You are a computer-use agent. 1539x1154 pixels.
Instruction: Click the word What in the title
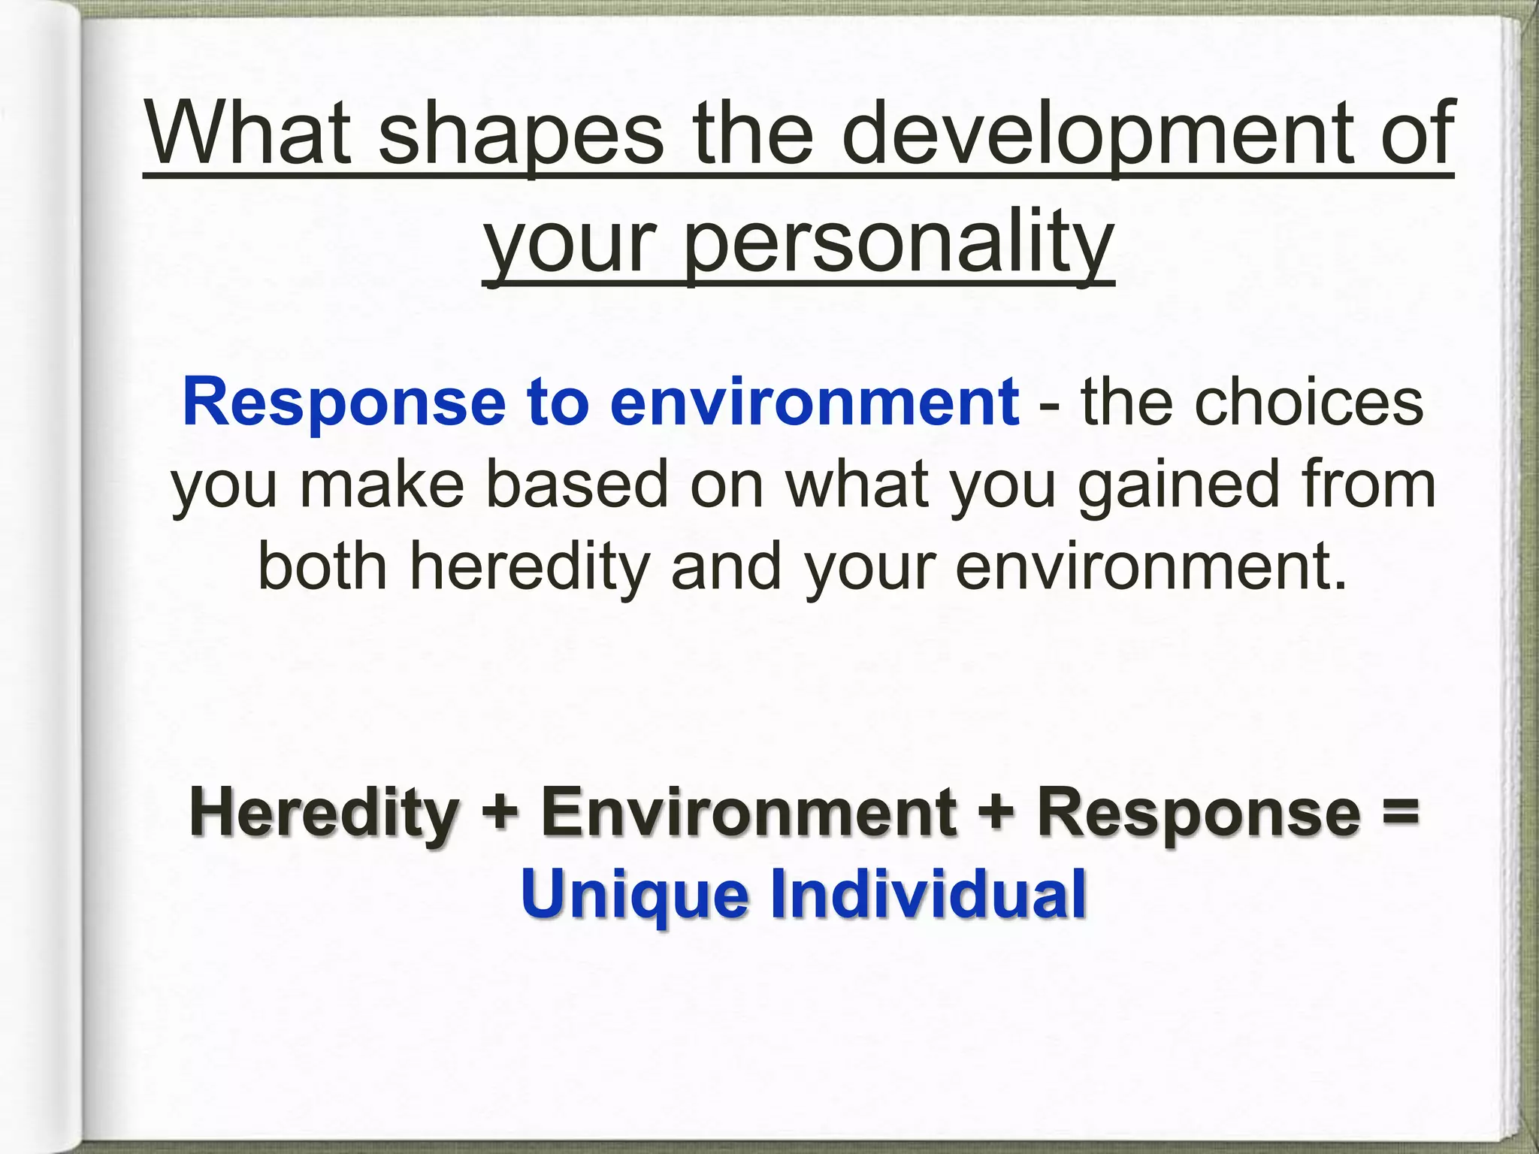click(x=248, y=135)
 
